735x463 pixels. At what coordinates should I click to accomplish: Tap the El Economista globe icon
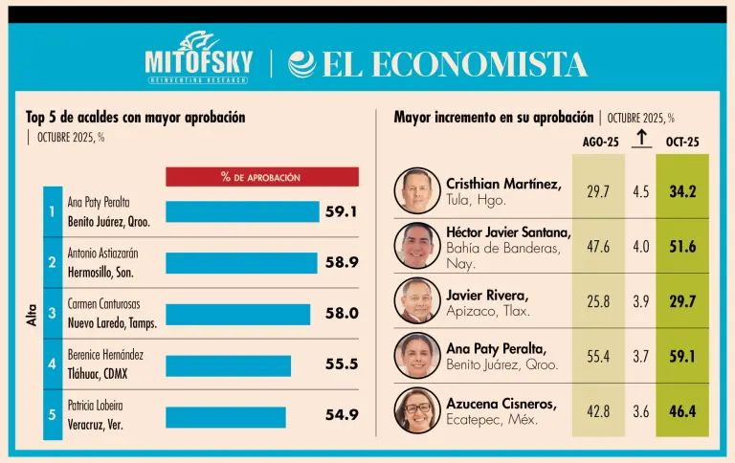(x=301, y=64)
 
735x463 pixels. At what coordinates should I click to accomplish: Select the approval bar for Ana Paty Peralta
(x=242, y=211)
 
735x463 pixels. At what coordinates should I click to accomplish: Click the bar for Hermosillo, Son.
(x=241, y=263)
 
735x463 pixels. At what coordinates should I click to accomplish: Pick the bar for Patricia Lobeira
(x=225, y=417)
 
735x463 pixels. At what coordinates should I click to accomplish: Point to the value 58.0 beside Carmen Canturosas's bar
(x=341, y=314)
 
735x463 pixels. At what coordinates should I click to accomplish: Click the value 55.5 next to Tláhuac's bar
(x=341, y=365)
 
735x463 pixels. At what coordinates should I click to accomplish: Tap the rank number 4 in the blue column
(x=53, y=364)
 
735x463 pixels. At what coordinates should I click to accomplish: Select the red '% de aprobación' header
(x=261, y=177)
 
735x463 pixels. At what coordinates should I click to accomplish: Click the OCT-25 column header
(x=682, y=142)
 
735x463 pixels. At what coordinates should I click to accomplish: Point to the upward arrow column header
(x=641, y=140)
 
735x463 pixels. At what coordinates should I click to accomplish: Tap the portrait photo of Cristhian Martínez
(x=417, y=190)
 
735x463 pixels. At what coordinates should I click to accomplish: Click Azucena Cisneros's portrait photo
(x=417, y=409)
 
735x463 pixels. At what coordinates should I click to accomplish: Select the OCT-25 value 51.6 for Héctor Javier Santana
(x=682, y=246)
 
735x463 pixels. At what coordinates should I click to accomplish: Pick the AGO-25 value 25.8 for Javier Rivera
(x=598, y=300)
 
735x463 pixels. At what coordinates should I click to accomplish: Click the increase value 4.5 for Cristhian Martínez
(x=640, y=191)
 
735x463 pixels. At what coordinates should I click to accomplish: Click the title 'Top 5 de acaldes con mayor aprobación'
(x=136, y=117)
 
